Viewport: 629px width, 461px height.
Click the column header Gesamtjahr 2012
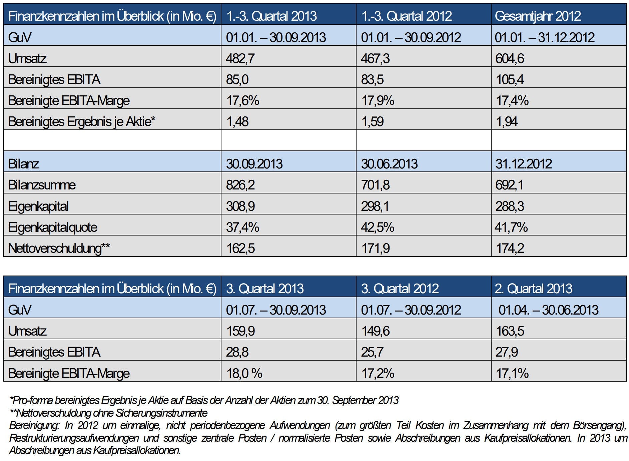click(x=538, y=16)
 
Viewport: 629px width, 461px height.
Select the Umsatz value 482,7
click(x=240, y=58)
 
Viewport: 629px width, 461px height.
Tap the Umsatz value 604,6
click(x=510, y=58)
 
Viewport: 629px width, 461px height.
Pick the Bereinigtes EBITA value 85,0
click(x=237, y=79)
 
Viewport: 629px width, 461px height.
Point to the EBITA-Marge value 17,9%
click(x=378, y=100)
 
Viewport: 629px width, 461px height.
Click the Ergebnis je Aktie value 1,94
click(x=507, y=121)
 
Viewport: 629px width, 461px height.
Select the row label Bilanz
click(x=23, y=164)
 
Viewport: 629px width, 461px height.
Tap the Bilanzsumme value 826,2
click(x=240, y=185)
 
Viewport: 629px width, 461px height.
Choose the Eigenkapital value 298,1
click(x=375, y=206)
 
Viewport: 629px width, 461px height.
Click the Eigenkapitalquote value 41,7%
click(x=511, y=227)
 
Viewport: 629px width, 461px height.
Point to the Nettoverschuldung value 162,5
click(x=240, y=248)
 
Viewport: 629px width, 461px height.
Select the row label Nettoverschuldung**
click(x=59, y=248)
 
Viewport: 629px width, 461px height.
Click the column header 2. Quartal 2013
click(x=533, y=289)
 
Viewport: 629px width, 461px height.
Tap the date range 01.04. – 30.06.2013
click(x=548, y=310)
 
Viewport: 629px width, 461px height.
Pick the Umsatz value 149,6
click(x=376, y=331)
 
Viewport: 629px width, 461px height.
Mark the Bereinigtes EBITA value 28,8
click(x=237, y=352)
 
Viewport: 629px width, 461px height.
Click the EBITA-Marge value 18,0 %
click(x=244, y=373)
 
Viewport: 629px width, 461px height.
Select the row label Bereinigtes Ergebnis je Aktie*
click(x=82, y=121)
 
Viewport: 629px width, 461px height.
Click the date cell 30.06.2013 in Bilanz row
click(x=389, y=164)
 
